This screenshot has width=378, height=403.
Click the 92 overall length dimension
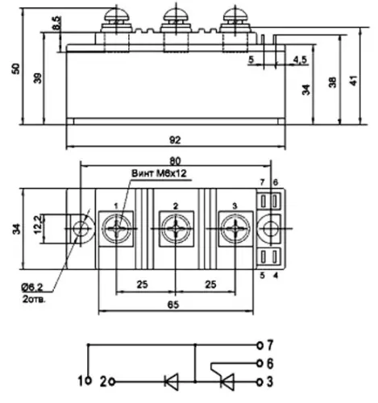pos(175,140)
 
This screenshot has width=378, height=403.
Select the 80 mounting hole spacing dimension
pos(175,161)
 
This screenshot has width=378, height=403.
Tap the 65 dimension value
pos(173,305)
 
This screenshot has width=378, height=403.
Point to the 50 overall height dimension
pos(16,69)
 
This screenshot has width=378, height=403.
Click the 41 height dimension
pos(354,81)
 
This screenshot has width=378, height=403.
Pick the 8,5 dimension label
pos(57,23)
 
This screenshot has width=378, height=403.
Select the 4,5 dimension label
pos(300,60)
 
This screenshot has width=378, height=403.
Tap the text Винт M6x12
pos(159,173)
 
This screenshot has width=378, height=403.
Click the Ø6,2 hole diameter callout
pos(32,288)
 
